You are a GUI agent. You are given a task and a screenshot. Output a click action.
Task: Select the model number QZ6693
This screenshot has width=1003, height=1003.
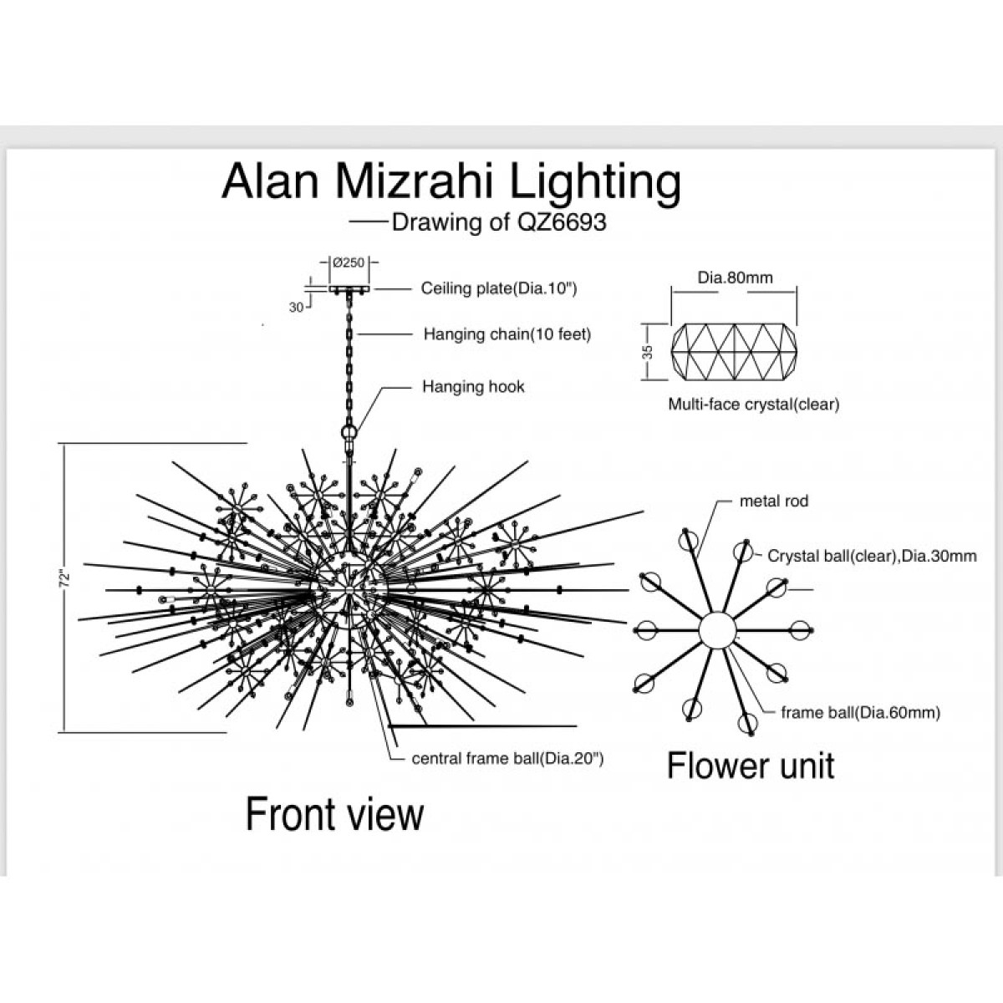(x=563, y=222)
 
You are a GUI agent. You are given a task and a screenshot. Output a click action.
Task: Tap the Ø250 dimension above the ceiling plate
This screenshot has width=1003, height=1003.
(x=349, y=262)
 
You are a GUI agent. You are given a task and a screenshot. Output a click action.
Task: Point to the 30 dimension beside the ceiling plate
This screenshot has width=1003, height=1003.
(x=296, y=308)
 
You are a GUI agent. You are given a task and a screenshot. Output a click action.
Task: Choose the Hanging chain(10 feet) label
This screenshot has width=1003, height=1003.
(x=507, y=333)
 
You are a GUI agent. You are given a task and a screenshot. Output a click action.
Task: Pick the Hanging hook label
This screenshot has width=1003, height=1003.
(x=473, y=386)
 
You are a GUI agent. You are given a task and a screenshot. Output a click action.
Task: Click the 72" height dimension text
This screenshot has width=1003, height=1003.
(x=64, y=580)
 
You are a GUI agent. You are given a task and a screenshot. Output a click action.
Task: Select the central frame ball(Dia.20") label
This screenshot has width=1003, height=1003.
(x=507, y=758)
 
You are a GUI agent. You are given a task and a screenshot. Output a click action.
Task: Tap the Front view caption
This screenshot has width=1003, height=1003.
(x=334, y=815)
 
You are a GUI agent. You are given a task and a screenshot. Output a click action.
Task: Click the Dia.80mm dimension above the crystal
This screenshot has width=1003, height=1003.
(x=735, y=277)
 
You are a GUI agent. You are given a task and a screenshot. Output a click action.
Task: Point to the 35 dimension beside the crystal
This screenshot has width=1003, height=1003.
(x=648, y=353)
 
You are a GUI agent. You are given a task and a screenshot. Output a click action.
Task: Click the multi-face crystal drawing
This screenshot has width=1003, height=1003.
(x=734, y=353)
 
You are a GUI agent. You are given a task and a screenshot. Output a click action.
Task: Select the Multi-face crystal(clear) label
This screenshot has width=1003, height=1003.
(x=754, y=404)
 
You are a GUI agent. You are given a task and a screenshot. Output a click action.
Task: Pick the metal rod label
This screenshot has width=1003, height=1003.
(x=774, y=501)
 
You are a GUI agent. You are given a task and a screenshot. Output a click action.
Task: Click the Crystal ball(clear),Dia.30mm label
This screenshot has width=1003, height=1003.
(x=872, y=556)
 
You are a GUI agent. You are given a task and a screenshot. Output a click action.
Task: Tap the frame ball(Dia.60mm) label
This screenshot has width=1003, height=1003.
(x=860, y=713)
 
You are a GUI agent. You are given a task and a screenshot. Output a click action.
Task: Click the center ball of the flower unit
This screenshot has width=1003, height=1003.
(x=717, y=630)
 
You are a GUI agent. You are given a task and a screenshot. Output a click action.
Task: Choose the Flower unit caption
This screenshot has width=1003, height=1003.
(x=751, y=766)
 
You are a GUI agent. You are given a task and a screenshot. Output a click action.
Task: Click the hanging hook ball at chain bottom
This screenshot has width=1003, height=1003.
(x=349, y=432)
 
